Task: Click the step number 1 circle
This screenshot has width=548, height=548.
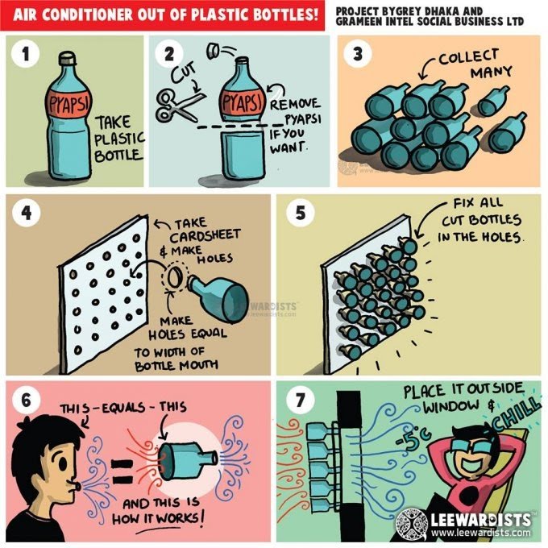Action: (x=25, y=54)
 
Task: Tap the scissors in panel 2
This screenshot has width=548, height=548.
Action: (x=179, y=105)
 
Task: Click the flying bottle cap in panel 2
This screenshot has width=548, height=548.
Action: (x=214, y=52)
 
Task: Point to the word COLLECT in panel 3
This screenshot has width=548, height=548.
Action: (x=468, y=57)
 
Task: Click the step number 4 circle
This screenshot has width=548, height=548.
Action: (x=26, y=213)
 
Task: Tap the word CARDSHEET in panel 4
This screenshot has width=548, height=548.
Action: (x=205, y=235)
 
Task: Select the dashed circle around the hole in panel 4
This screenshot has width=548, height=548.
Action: (x=174, y=277)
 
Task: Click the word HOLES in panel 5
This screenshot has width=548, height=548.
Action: (x=502, y=237)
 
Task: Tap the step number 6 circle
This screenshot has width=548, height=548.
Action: (x=26, y=401)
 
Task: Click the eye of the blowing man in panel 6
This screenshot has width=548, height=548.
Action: (x=63, y=463)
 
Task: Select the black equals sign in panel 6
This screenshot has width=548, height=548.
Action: (x=122, y=471)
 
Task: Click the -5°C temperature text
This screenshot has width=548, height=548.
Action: (x=413, y=438)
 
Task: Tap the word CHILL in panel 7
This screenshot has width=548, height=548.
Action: (x=517, y=415)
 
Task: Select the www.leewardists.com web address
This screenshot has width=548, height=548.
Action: (x=480, y=532)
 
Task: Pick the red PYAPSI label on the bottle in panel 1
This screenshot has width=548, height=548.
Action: (x=68, y=103)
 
